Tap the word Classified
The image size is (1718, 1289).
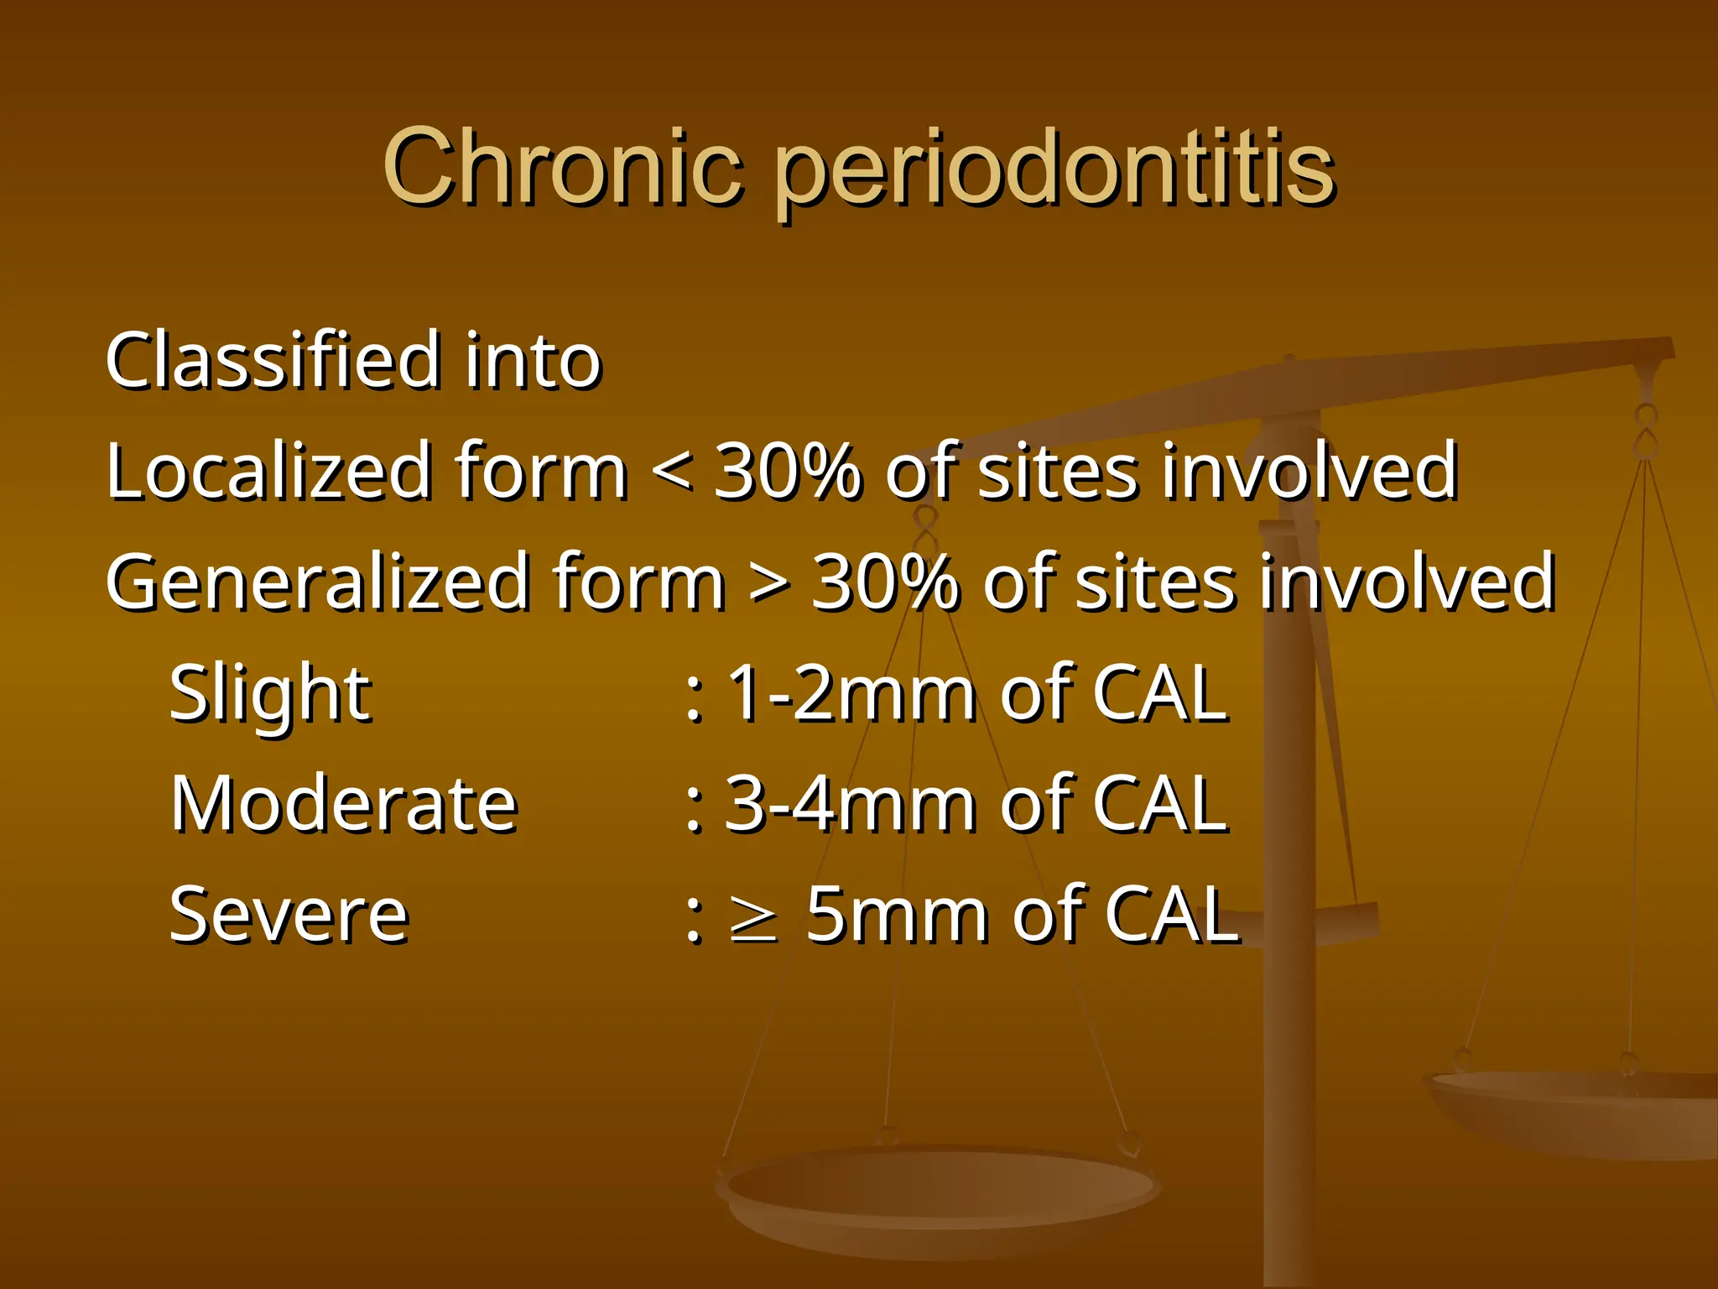tap(273, 361)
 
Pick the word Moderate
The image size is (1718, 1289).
tap(344, 804)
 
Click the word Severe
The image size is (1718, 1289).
tap(289, 915)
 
